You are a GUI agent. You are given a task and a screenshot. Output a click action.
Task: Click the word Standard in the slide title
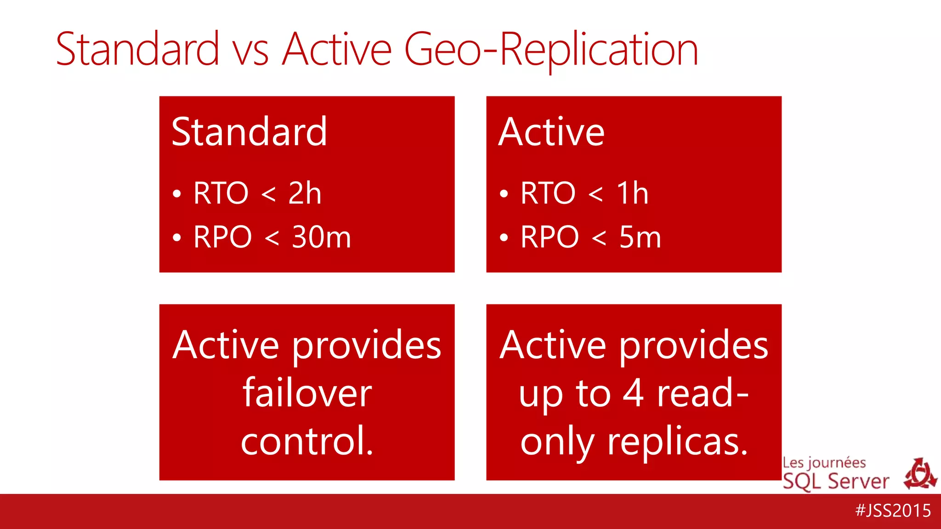point(137,49)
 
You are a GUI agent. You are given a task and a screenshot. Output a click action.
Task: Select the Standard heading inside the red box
point(249,132)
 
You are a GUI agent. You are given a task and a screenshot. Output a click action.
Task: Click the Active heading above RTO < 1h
point(551,132)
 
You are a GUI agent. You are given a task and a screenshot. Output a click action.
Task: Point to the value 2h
point(305,193)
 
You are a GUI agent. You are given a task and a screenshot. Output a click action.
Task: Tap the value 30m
point(321,237)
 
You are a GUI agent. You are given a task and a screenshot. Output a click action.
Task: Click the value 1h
point(632,193)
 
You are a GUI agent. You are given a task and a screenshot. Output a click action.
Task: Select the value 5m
point(640,237)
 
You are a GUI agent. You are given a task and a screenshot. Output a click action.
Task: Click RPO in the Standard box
point(222,237)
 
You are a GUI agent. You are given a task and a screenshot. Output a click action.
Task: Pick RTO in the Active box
point(548,193)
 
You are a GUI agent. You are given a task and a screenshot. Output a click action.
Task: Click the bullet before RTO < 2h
point(177,194)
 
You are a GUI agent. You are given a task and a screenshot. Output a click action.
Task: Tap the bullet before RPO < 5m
point(504,238)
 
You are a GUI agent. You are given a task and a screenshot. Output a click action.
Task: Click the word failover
point(307,393)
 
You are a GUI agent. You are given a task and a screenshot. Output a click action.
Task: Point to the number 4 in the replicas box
point(634,393)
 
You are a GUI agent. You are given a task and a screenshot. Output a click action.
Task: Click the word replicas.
point(678,442)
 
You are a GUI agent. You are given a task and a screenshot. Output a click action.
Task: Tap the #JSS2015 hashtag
point(893,511)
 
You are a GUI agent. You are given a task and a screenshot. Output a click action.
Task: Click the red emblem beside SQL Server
point(920,474)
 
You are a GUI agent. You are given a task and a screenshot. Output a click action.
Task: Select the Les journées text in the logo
point(824,463)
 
